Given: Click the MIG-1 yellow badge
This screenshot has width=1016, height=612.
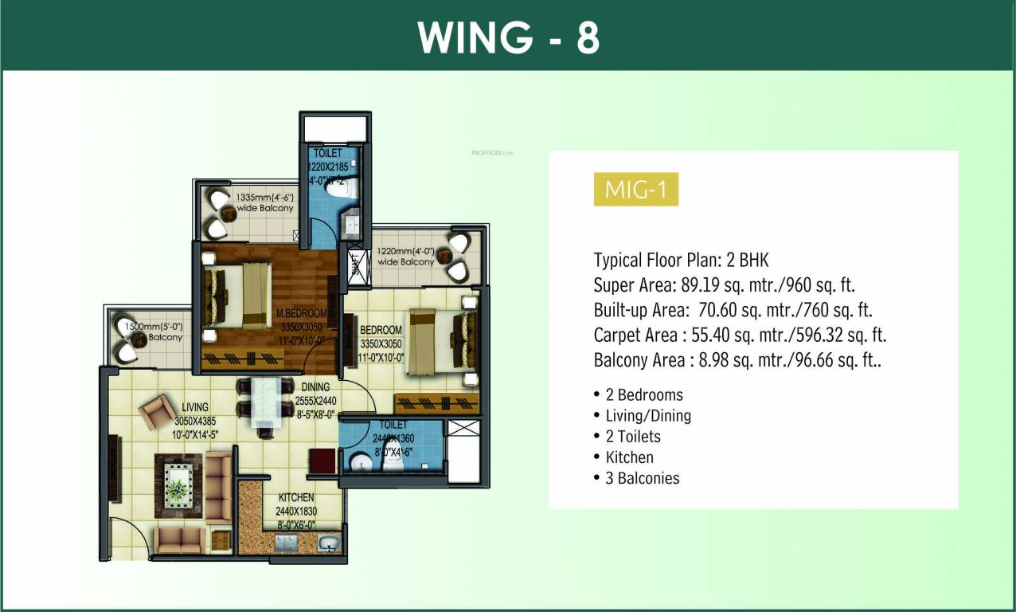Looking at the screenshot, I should coord(635,190).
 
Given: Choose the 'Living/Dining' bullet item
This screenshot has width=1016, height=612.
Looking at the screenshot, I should coord(647,415).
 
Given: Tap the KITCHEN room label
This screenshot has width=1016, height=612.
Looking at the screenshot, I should coord(295,498).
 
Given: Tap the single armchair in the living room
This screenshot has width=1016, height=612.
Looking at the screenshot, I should coord(156,411).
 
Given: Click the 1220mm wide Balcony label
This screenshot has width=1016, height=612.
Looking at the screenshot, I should coord(406,255).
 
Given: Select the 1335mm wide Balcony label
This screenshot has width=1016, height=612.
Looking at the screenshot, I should coord(264,202).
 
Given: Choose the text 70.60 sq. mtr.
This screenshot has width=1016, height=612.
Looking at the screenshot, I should coord(737,310).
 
